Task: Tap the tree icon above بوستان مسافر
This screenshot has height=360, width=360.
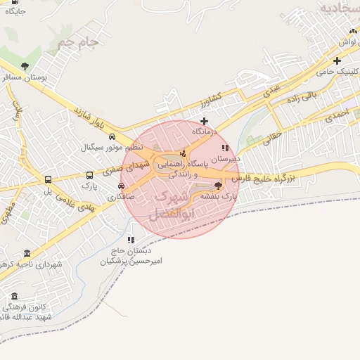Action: pos(25,67)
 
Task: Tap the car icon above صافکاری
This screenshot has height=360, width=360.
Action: pos(122,186)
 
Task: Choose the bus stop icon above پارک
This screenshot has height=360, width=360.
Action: pos(89,175)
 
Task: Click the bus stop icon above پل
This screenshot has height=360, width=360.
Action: pos(48,180)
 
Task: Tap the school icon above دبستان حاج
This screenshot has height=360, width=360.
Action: pos(131,240)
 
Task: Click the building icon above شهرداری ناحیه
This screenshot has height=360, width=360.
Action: pos(27,253)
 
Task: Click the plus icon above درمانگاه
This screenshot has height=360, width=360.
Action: pos(204,121)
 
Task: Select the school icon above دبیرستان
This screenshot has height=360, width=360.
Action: pos(225,148)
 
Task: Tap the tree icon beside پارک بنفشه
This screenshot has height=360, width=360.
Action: pos(217,186)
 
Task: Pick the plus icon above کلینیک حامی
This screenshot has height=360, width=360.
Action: pos(337,61)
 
